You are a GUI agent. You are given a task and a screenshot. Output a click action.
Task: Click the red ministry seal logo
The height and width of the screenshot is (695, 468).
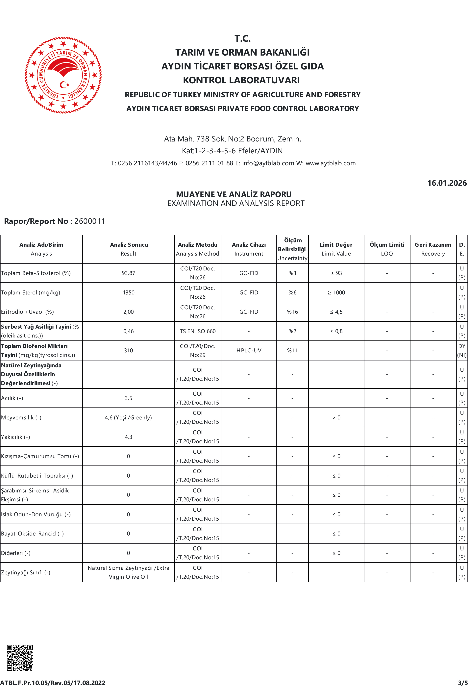pos(63,75)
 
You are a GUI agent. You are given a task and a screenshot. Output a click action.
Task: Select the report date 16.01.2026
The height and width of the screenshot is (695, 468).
pos(447,183)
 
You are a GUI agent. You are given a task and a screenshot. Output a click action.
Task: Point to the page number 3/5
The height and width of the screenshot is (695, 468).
pos(463,683)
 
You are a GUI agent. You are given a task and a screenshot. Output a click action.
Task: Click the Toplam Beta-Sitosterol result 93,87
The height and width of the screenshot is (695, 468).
pos(128,273)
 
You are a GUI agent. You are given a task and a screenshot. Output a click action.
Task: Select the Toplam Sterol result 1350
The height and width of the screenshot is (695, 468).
pos(128,292)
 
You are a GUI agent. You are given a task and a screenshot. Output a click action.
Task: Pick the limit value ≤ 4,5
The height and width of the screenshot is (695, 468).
pos(336,312)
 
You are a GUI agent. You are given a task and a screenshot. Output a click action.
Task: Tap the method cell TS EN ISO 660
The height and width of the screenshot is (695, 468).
pos(198,331)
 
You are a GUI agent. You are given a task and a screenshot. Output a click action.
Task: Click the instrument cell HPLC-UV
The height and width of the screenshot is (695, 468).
pos(249,350)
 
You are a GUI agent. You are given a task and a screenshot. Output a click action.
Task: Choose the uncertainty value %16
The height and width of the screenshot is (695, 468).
pos(292,312)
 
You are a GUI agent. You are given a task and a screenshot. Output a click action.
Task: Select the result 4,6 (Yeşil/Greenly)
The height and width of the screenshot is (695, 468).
pos(128,417)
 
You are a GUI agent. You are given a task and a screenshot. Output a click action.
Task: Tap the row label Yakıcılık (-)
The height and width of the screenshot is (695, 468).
pos(15,437)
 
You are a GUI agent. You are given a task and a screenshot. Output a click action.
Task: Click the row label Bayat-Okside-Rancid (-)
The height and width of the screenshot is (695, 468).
pos(32,534)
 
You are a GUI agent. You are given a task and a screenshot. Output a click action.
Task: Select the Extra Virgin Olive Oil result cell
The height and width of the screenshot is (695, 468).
pos(128,572)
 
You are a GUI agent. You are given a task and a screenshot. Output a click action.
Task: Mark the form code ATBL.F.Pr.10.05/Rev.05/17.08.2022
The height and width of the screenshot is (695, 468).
pos(53,683)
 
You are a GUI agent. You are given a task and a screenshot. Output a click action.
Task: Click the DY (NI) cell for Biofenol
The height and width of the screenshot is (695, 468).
pos(462,350)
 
